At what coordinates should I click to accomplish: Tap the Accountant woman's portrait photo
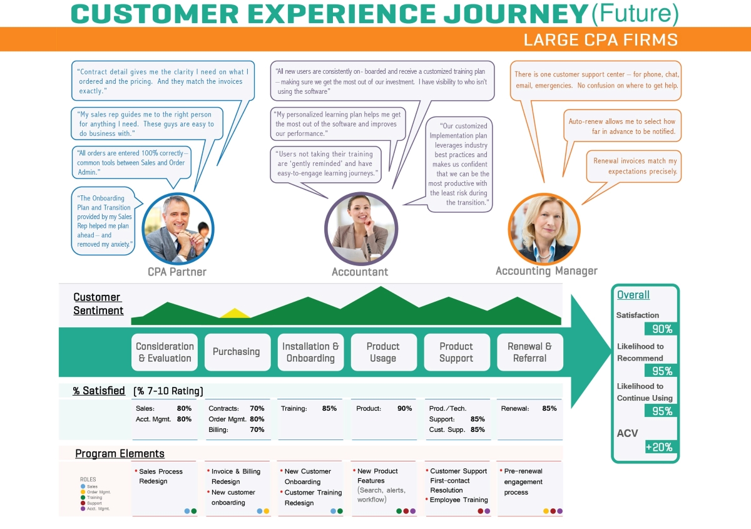(361, 228)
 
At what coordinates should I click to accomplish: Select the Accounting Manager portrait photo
(544, 229)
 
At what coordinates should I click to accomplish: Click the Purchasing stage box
(237, 352)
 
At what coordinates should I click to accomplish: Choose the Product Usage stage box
(383, 352)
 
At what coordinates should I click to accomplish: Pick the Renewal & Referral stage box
(529, 352)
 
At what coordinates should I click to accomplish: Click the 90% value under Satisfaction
(662, 329)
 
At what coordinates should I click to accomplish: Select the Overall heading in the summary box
(633, 295)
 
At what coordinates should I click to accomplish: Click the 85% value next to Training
(329, 409)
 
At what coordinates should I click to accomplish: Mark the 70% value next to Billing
(257, 430)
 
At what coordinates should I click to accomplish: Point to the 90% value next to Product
(404, 409)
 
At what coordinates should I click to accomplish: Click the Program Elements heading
(120, 454)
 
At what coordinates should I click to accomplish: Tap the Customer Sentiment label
(98, 304)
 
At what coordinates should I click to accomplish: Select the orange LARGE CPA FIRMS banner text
(600, 40)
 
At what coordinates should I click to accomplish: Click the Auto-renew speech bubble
(622, 126)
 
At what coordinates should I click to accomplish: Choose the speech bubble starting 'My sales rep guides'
(146, 124)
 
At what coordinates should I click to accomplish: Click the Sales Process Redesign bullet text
(161, 476)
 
